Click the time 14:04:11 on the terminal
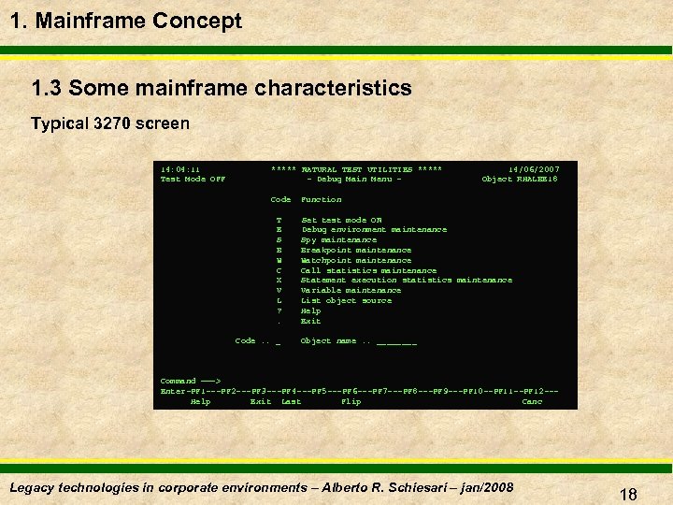click(179, 169)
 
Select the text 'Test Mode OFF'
click(193, 179)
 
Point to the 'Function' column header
click(321, 199)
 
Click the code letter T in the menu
click(279, 220)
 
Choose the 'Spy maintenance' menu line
click(337, 239)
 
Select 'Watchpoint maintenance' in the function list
click(355, 260)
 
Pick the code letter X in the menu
click(279, 280)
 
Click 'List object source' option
click(346, 300)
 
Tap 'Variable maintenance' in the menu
click(351, 290)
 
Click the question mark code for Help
click(279, 310)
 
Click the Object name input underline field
click(396, 342)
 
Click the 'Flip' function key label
click(351, 401)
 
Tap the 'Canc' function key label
click(532, 401)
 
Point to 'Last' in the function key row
click(291, 401)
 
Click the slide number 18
click(628, 493)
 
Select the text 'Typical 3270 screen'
click(110, 123)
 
